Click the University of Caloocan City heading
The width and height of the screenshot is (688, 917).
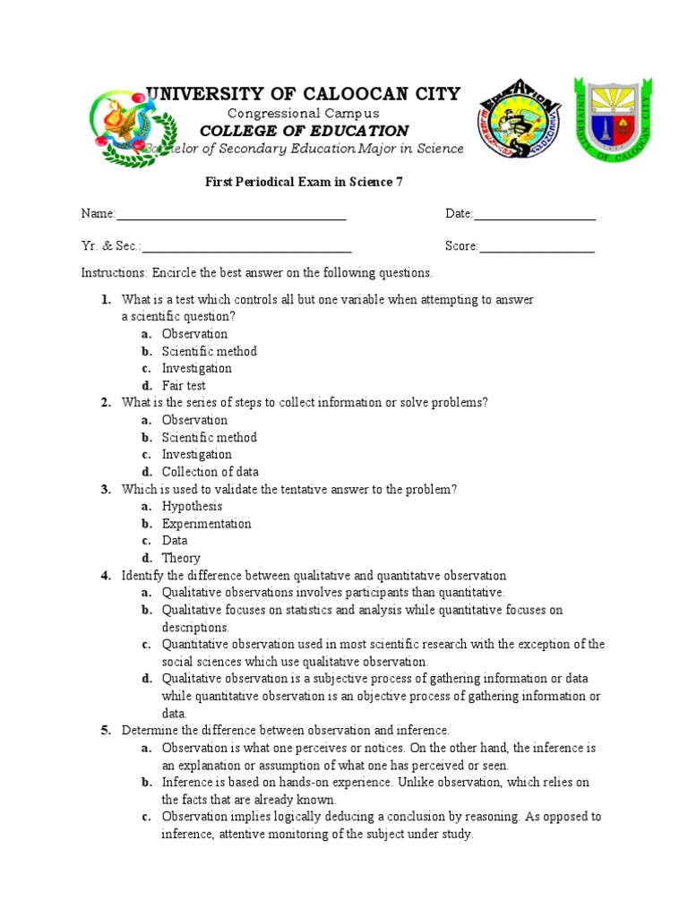pyautogui.click(x=304, y=94)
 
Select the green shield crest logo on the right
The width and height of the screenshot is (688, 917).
pyautogui.click(x=614, y=117)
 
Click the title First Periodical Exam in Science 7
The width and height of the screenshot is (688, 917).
pyautogui.click(x=305, y=183)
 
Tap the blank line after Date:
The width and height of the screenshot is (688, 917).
pyautogui.click(x=535, y=215)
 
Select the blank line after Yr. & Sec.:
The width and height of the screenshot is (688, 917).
pyautogui.click(x=246, y=248)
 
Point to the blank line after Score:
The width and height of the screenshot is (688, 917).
pyautogui.click(x=537, y=248)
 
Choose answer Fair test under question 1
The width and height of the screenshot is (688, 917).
pyautogui.click(x=184, y=386)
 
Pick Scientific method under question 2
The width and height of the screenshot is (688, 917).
pyautogui.click(x=209, y=438)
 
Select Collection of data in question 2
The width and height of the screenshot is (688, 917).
pyautogui.click(x=210, y=472)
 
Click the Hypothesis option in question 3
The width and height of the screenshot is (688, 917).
pyautogui.click(x=192, y=507)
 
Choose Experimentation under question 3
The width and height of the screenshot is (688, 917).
pyautogui.click(x=206, y=524)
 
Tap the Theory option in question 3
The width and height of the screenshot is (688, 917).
pyautogui.click(x=181, y=558)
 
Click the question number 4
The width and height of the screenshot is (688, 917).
pyautogui.click(x=106, y=576)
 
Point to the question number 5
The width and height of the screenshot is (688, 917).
pyautogui.click(x=106, y=731)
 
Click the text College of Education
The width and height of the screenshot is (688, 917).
pyautogui.click(x=304, y=131)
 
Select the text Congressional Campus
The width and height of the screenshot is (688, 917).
pyautogui.click(x=304, y=114)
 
